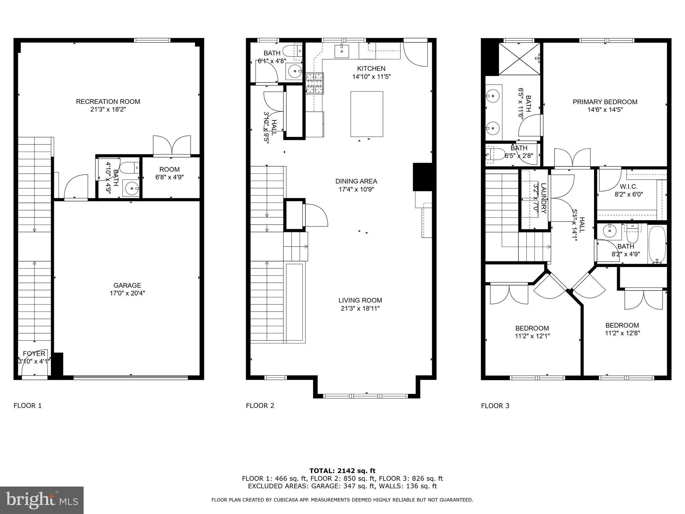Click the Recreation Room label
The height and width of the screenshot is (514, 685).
(108, 102)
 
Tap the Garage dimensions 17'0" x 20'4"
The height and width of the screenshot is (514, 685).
(127, 293)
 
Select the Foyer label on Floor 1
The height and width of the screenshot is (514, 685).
(34, 354)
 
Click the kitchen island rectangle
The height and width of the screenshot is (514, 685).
(367, 114)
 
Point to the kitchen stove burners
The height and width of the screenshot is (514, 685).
(315, 83)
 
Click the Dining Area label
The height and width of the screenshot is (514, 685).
(356, 181)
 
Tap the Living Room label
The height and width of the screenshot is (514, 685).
(360, 301)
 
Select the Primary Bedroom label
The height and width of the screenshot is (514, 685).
(605, 102)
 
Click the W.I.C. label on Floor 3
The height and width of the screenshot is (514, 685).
(628, 187)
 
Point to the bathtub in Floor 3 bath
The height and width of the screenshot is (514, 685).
(657, 245)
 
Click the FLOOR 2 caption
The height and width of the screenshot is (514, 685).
(260, 406)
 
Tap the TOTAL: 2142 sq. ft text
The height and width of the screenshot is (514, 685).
(342, 471)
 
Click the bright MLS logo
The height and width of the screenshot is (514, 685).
(42, 500)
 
